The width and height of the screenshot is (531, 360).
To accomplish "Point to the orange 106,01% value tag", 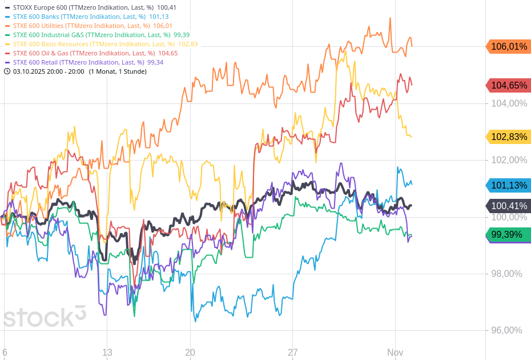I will [x=509, y=47].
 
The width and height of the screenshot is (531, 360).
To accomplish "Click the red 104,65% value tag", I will [x=509, y=86].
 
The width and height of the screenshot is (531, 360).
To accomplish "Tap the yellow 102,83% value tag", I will [x=509, y=137].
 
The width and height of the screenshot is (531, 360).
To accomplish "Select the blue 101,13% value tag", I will [x=509, y=185].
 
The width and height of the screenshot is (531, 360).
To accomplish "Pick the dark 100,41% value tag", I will [x=509, y=206].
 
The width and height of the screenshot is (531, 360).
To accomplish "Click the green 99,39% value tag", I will [x=509, y=235].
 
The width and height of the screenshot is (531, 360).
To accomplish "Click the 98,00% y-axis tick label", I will [x=506, y=274].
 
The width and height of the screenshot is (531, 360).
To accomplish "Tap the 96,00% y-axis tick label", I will [x=506, y=330].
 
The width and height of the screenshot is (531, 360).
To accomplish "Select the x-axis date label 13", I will [x=107, y=352].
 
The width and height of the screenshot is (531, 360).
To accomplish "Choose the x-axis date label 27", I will [x=293, y=352].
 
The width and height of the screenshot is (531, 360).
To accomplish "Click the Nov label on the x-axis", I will [x=395, y=352].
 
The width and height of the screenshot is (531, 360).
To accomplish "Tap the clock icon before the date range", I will [x=7, y=71].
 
